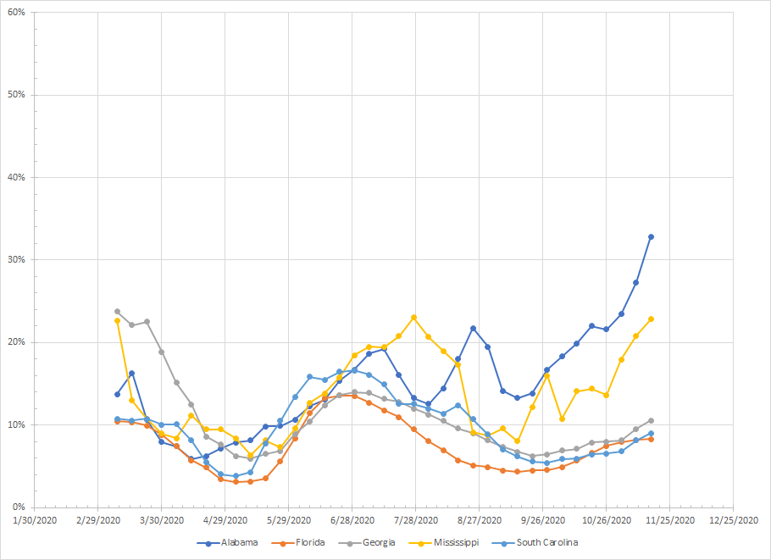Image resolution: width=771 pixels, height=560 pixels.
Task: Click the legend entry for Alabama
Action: (x=234, y=542)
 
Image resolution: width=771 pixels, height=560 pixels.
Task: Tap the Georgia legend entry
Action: (x=374, y=542)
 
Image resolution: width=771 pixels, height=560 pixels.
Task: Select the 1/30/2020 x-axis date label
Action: (x=35, y=519)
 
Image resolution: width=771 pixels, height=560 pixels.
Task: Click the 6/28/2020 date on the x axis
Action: (x=352, y=519)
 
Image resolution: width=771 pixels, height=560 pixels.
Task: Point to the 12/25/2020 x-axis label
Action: (x=733, y=519)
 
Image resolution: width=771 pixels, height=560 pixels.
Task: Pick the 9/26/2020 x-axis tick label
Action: (x=543, y=519)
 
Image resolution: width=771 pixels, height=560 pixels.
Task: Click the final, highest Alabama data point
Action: (x=651, y=237)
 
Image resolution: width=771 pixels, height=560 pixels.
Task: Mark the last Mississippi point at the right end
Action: (x=651, y=319)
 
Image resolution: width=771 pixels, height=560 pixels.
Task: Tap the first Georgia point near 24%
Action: (x=117, y=312)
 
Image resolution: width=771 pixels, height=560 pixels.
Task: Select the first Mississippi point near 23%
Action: (x=117, y=321)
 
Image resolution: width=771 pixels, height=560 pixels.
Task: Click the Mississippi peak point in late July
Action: (x=413, y=318)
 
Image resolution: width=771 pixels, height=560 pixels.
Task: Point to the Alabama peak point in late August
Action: (x=473, y=328)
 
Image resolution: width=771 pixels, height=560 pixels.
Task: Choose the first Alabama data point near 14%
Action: (x=117, y=394)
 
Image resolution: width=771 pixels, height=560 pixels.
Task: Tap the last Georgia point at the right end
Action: (x=651, y=420)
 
